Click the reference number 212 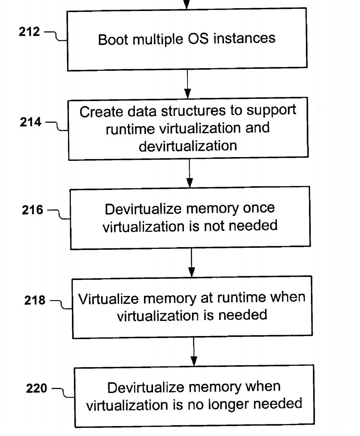click(29, 32)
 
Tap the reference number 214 click(30, 122)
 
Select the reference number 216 click(33, 210)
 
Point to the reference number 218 click(35, 300)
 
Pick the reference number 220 click(37, 389)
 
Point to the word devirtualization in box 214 click(188, 146)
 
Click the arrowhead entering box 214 click(188, 93)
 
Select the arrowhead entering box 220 click(194, 361)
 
